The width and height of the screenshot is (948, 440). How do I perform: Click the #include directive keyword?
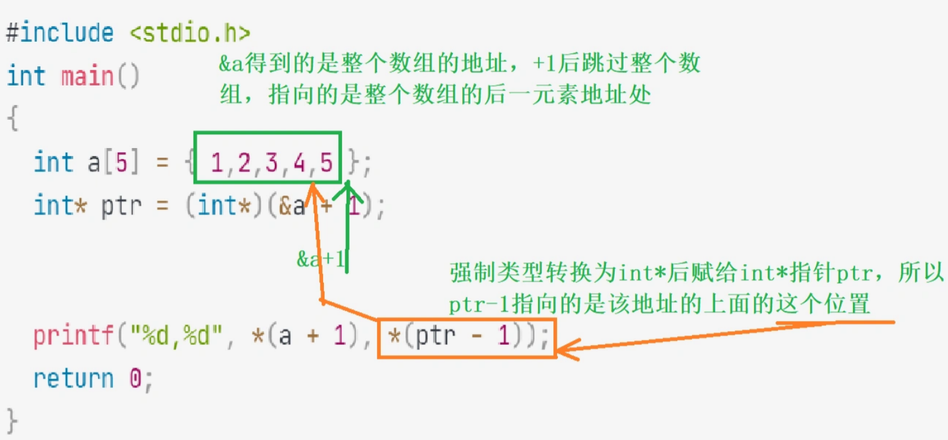tap(60, 34)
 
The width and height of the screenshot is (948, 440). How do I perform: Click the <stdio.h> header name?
tap(190, 34)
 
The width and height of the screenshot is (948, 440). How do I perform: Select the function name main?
tap(87, 77)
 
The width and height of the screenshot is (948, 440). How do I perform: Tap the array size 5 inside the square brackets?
tap(121, 163)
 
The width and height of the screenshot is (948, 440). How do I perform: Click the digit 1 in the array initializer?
tap(217, 164)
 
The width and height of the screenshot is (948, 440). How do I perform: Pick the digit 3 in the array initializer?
tap(271, 164)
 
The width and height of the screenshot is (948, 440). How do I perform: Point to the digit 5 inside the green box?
tap(326, 164)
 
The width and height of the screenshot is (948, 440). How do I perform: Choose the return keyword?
tap(73, 379)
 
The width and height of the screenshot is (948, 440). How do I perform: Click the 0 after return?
tap(135, 379)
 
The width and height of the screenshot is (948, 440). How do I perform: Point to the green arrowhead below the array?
tap(348, 189)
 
